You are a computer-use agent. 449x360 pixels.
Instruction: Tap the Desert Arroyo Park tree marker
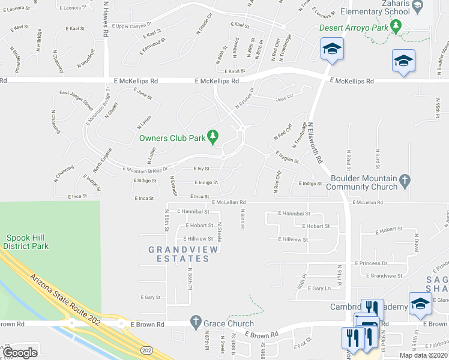(x=395, y=26)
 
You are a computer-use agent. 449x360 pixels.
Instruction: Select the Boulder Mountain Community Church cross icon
(x=405, y=179)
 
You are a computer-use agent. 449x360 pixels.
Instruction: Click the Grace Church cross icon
(x=195, y=323)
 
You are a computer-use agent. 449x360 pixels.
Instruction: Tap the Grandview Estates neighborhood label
(x=179, y=254)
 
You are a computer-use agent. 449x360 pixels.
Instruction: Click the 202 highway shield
(x=146, y=349)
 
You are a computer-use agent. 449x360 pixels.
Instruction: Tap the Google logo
(x=20, y=352)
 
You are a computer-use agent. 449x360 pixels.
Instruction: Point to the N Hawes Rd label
(x=106, y=24)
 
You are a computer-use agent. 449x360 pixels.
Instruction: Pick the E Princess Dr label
(x=372, y=263)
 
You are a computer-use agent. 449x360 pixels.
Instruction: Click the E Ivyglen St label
(x=288, y=157)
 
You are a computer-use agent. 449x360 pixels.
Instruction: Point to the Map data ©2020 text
(x=424, y=355)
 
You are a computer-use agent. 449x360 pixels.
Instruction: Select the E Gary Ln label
(x=319, y=288)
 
